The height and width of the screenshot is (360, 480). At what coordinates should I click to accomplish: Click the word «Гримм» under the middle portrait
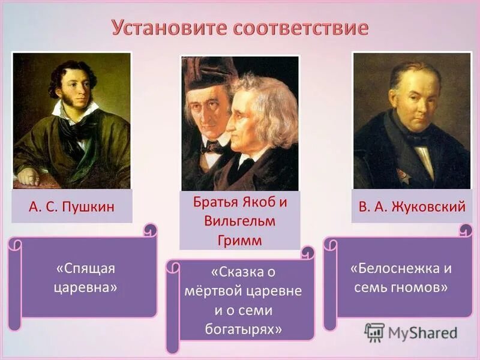pos(239,239)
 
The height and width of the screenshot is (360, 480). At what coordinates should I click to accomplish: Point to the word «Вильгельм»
pos(240,221)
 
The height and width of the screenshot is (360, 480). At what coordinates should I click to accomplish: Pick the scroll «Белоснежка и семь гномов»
pos(400,277)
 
